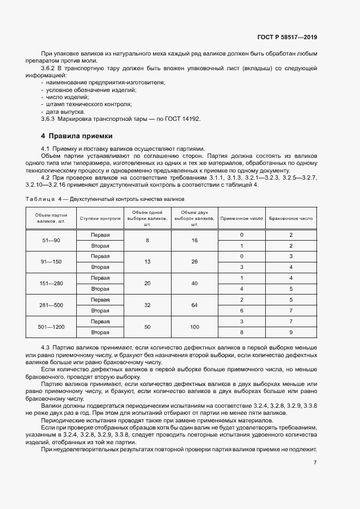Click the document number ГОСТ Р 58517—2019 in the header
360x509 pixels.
pyautogui.click(x=287, y=38)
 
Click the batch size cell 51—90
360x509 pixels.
pyautogui.click(x=51, y=240)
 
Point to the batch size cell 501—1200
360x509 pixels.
pyautogui.click(x=51, y=327)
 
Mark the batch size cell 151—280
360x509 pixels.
pyautogui.click(x=51, y=284)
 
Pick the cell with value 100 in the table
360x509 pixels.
pyautogui.click(x=194, y=327)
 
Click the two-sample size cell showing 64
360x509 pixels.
pyautogui.click(x=194, y=305)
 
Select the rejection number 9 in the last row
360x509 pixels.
pyautogui.click(x=291, y=333)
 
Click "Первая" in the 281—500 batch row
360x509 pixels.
pyautogui.click(x=100, y=300)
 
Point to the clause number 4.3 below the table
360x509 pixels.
pyautogui.click(x=46, y=347)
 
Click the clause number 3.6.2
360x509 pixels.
pyautogui.click(x=49, y=68)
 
